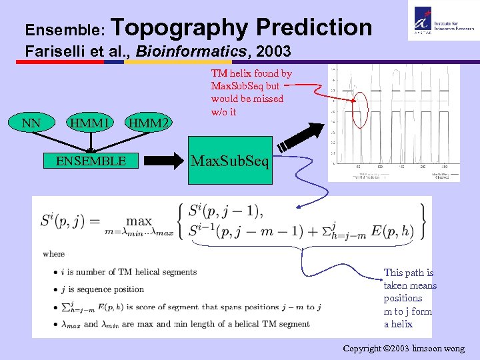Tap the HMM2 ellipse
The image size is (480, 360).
point(148,122)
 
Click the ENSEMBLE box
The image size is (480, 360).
point(91,161)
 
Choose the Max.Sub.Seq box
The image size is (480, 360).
point(231,161)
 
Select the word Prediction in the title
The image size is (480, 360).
point(313,27)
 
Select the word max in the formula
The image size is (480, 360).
point(139,220)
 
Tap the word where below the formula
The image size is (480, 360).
point(54,254)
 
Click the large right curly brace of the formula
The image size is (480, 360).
point(421,221)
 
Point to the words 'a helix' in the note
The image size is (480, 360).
point(398,324)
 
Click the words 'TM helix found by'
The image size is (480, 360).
point(251,73)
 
